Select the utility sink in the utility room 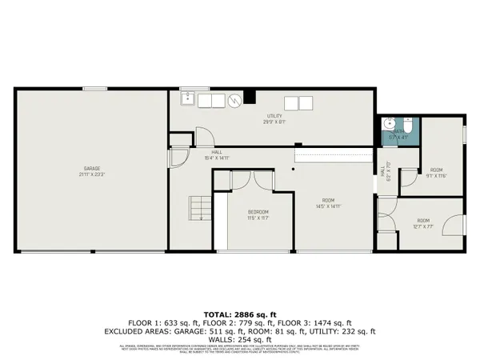coord(186,100)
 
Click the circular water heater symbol coord(234,101)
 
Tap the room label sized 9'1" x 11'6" coord(437,172)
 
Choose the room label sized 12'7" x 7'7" coord(422,223)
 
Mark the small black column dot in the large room coord(294,170)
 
